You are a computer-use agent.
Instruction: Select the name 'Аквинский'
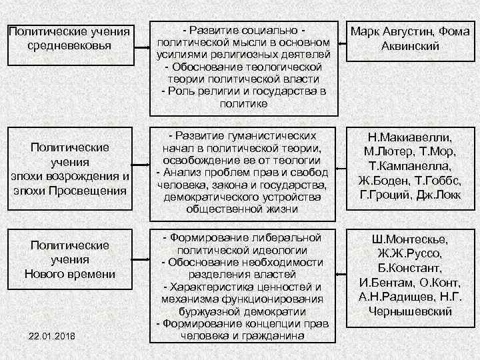click(x=410, y=46)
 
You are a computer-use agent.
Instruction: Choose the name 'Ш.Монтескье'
click(x=410, y=240)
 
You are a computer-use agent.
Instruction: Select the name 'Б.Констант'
click(x=410, y=269)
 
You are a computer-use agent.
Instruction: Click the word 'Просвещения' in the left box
click(x=92, y=191)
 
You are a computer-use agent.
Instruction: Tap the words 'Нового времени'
click(x=70, y=274)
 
